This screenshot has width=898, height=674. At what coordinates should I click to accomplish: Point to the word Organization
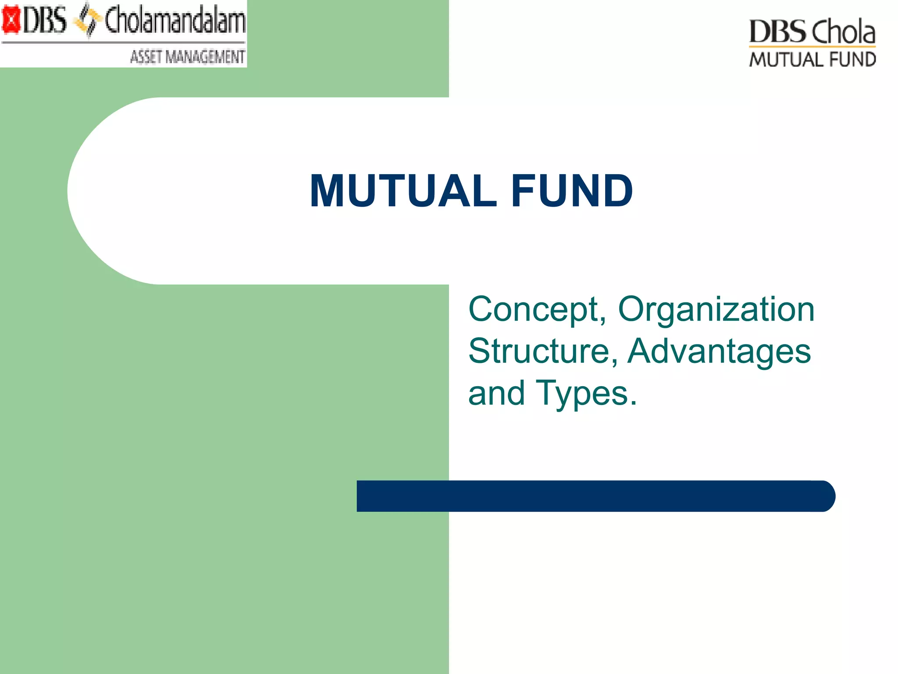pos(716,309)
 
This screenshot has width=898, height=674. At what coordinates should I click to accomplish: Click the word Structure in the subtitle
pos(539,351)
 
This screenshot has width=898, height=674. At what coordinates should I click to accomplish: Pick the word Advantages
pos(719,351)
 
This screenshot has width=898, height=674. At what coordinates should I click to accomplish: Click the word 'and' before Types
pos(496,393)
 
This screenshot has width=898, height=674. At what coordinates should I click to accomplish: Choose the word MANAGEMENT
pos(205,57)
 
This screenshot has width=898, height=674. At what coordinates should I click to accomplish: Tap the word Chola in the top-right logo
pos(843,32)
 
